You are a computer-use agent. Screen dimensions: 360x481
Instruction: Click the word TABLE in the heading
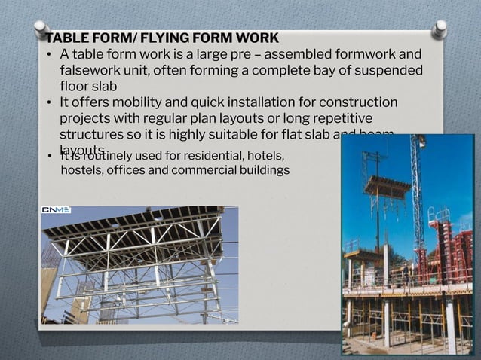66,38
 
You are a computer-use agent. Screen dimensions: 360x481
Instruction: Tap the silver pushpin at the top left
41,29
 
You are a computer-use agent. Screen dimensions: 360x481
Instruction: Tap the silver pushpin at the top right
440,29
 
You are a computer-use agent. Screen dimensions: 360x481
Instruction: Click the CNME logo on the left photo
57,210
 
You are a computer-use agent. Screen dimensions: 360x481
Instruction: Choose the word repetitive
341,118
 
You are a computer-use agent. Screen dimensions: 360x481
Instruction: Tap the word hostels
81,170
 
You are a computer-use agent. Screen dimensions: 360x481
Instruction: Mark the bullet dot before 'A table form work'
48,55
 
